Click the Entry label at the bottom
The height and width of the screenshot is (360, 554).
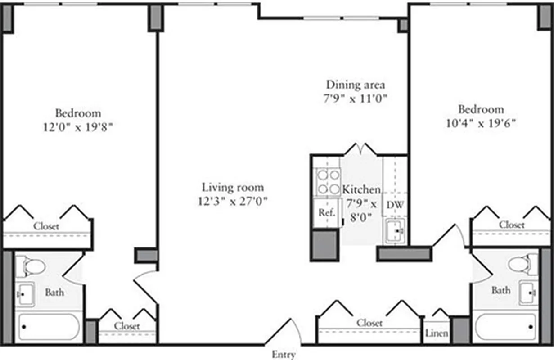[x=284, y=355]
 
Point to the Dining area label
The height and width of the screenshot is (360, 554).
[x=356, y=85]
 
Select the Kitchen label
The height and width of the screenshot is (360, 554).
[x=361, y=189]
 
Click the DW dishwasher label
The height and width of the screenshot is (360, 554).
[x=395, y=205]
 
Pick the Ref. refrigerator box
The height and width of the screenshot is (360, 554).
[x=327, y=213]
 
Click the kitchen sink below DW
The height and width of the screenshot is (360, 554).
[x=396, y=231]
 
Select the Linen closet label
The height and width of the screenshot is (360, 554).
[x=437, y=333]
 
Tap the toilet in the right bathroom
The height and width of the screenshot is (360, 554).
[x=523, y=264]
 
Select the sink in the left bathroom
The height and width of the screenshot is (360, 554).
[x=25, y=294]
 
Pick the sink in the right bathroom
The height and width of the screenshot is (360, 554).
[x=528, y=292]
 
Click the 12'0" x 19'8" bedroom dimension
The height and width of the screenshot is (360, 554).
[x=78, y=127]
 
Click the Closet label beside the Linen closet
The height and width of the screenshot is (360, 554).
[x=369, y=323]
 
